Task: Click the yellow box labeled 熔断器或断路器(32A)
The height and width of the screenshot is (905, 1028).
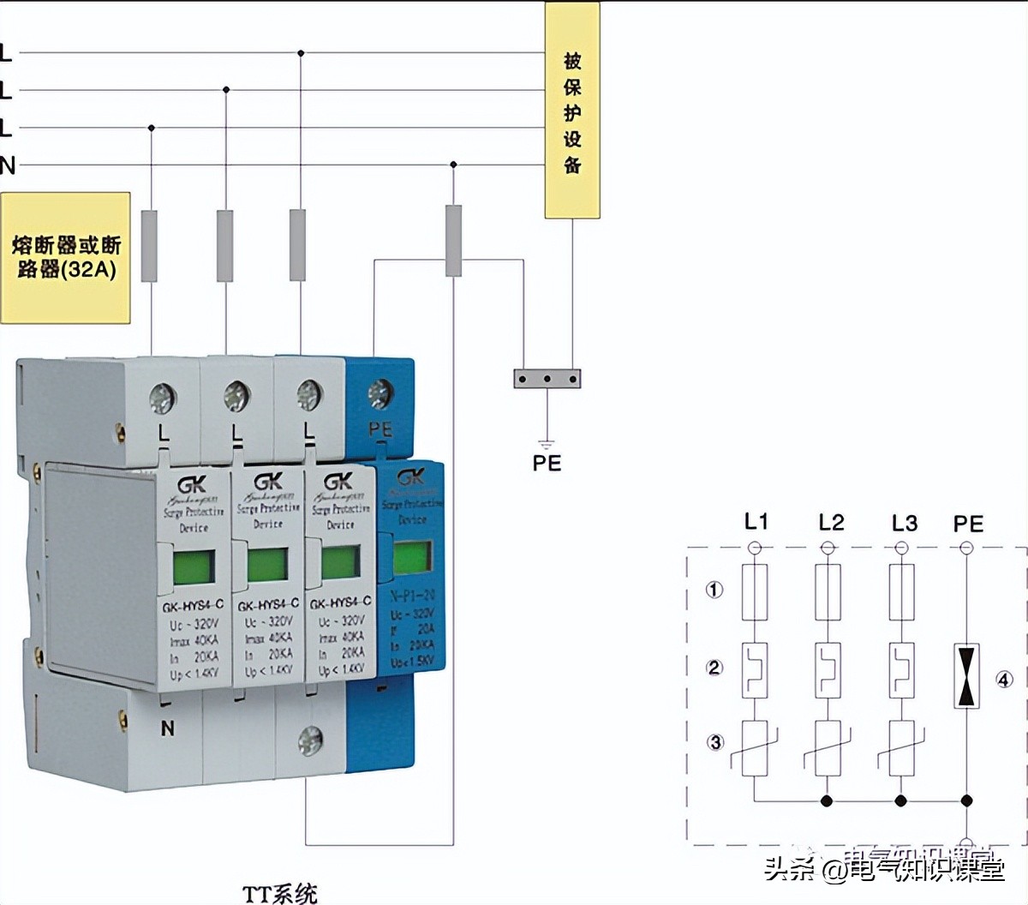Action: click(x=65, y=257)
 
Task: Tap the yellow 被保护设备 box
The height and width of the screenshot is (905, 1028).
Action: click(x=572, y=111)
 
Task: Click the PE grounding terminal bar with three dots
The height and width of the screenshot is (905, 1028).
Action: click(x=547, y=378)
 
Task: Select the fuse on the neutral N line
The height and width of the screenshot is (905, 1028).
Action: click(x=453, y=240)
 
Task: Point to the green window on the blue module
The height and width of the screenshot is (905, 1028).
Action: click(x=412, y=558)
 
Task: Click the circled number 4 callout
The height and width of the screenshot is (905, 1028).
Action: click(x=1004, y=680)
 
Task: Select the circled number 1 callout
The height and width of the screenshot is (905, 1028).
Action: click(x=714, y=590)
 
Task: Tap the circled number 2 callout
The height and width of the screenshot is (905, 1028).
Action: click(x=714, y=668)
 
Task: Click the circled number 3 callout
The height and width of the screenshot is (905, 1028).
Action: click(x=715, y=742)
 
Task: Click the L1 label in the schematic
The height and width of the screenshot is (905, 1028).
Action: click(x=756, y=522)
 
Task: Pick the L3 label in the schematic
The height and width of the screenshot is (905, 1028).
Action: click(x=904, y=523)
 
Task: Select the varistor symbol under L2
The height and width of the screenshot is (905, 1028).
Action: click(x=827, y=748)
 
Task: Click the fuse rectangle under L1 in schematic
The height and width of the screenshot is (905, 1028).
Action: click(x=755, y=592)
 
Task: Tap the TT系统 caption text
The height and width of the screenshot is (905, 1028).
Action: click(x=280, y=894)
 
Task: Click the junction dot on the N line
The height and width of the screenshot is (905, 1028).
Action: click(x=453, y=165)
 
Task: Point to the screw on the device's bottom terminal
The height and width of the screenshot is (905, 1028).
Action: click(x=309, y=741)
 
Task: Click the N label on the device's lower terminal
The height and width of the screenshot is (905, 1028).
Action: click(x=167, y=728)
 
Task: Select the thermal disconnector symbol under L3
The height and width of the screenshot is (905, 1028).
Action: click(x=900, y=669)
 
